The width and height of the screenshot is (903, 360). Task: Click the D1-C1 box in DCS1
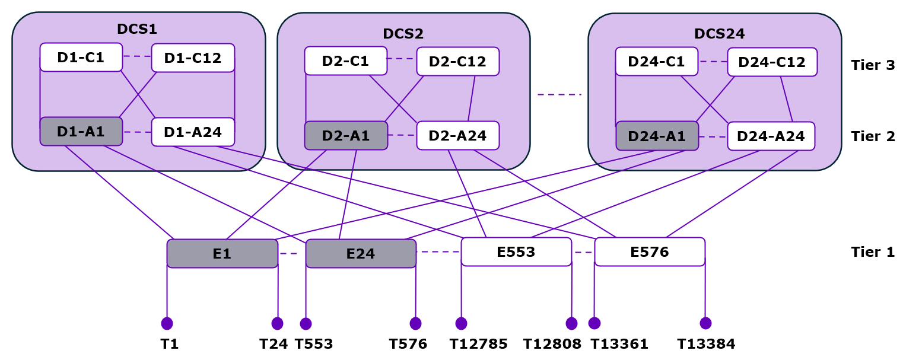(81, 58)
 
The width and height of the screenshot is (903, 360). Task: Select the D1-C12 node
(193, 58)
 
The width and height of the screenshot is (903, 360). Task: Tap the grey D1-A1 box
(81, 132)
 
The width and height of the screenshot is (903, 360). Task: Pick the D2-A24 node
(457, 136)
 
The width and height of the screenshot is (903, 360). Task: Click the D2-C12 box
(457, 62)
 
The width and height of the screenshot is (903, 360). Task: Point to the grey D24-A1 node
(657, 136)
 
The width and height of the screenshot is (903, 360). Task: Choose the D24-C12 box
(772, 62)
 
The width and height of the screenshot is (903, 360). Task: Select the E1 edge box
(222, 254)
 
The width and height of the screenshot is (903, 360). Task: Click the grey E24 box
(361, 254)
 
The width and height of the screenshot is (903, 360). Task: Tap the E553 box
(516, 252)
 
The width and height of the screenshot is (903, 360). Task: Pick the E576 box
(650, 252)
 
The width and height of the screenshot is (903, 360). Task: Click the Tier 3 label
(872, 65)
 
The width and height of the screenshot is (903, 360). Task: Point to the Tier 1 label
(872, 252)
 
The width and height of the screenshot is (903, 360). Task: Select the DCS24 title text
(719, 34)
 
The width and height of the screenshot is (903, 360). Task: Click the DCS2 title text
(403, 34)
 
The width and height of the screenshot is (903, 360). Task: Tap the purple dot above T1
(167, 323)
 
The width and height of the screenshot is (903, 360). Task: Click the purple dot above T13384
(705, 323)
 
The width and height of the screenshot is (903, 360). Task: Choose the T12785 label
(478, 344)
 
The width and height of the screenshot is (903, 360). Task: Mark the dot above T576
(415, 323)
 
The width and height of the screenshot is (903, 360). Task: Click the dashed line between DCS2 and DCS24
(559, 95)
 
